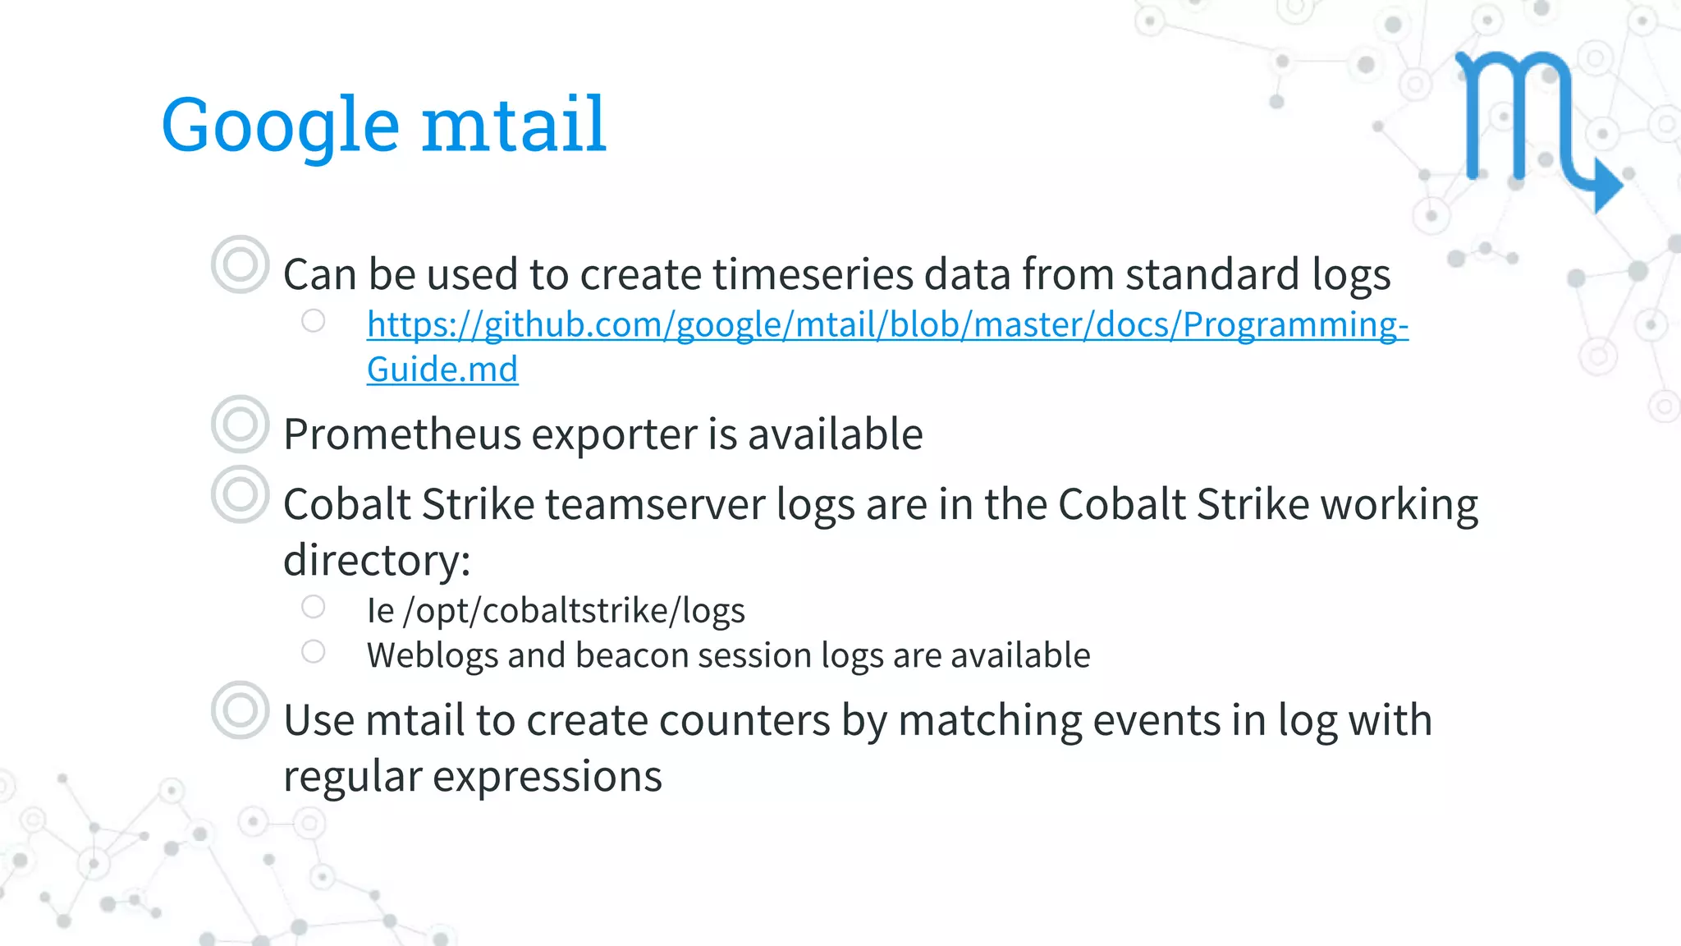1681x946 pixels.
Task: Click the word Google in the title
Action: tap(280, 125)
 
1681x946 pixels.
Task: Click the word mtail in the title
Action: tap(514, 125)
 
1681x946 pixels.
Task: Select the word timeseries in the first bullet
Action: tap(813, 274)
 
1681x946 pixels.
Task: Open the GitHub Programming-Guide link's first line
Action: tap(887, 325)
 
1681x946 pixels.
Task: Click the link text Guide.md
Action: tap(442, 370)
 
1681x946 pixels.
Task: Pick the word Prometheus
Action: tap(402, 434)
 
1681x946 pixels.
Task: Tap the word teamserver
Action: tap(655, 504)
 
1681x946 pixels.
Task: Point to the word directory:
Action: tap(377, 561)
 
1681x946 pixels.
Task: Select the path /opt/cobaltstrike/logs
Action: tap(575, 611)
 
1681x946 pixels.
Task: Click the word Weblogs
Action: tap(431, 655)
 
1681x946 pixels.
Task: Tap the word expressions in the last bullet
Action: tap(547, 777)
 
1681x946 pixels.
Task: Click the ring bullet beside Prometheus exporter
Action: tap(240, 425)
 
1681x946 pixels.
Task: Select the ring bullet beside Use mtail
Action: tap(240, 710)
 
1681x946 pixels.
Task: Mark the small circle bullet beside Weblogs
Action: tap(313, 652)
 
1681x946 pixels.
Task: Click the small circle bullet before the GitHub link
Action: tap(313, 321)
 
